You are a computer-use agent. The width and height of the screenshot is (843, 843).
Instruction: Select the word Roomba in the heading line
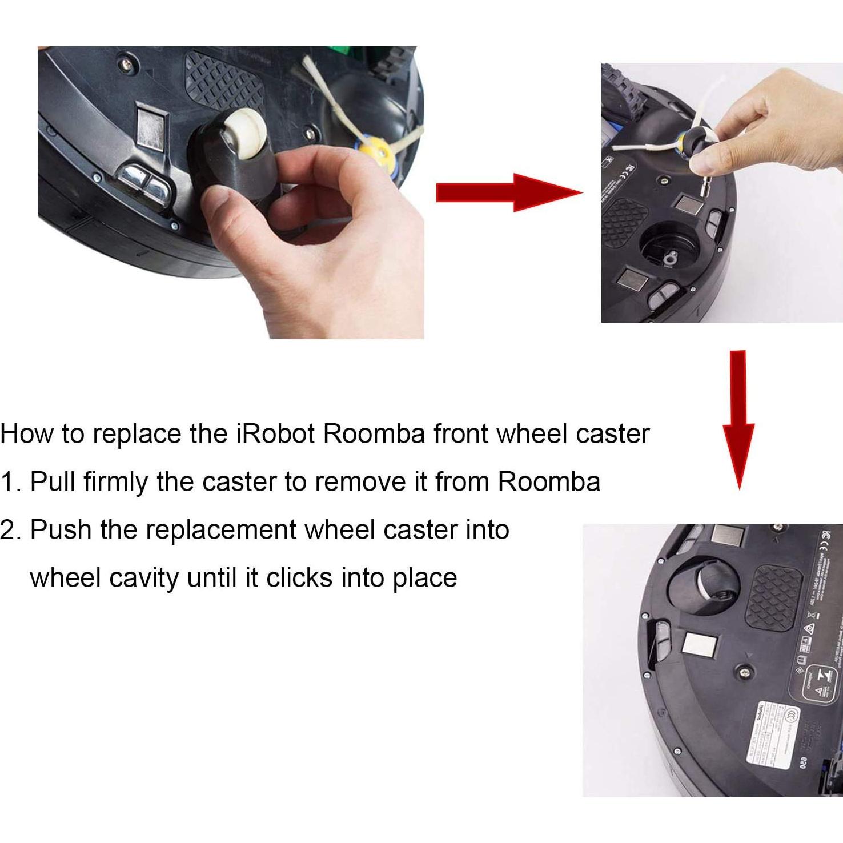click(374, 434)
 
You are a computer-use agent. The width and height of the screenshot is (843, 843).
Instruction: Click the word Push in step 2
click(61, 530)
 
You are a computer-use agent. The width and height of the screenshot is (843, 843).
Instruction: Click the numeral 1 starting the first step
click(7, 482)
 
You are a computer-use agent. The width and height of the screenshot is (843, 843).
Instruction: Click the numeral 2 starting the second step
click(8, 530)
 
